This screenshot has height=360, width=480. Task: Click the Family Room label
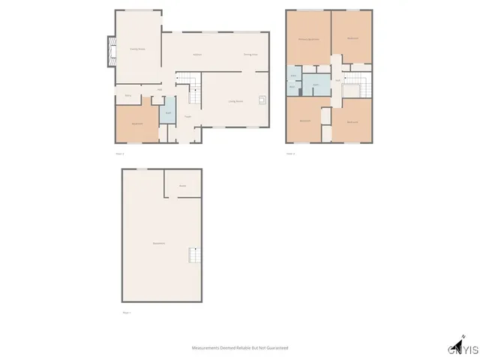tap(136, 49)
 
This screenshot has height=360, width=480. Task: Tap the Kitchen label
tap(197, 55)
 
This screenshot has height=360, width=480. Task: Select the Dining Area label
tap(250, 55)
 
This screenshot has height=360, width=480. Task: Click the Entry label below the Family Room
tap(128, 95)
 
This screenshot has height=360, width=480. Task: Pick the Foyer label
tap(187, 116)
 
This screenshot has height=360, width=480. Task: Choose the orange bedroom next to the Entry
tap(137, 123)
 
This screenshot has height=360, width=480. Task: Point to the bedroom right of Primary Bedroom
tap(352, 38)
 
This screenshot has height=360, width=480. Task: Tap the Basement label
tap(159, 244)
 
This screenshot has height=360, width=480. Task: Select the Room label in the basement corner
tap(182, 185)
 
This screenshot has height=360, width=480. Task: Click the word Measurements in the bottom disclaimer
tap(205, 348)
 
